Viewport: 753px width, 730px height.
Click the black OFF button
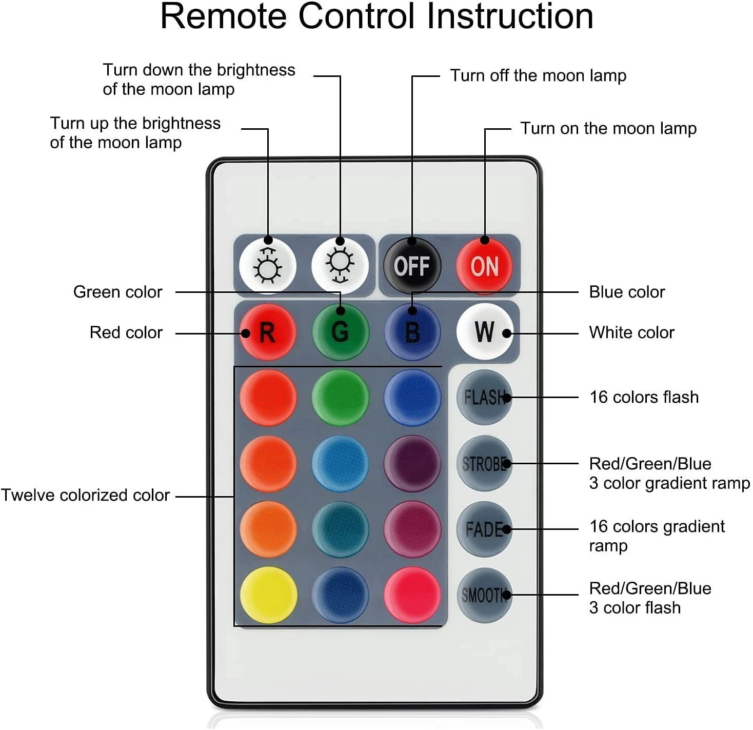tap(412, 265)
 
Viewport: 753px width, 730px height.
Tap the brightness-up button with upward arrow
tap(268, 265)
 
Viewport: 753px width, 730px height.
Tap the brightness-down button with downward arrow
tap(340, 265)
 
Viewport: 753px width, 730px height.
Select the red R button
tap(268, 332)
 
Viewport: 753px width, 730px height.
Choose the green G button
tap(340, 332)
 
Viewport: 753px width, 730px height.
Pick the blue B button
tap(412, 332)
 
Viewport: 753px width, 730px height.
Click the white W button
tap(484, 332)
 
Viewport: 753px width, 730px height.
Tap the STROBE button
tap(484, 464)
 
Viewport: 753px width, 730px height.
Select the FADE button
tap(484, 529)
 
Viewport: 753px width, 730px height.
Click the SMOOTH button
tap(484, 595)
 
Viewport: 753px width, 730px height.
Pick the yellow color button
tap(268, 595)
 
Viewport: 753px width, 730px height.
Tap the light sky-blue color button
tap(340, 464)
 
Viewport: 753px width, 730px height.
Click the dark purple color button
tap(412, 464)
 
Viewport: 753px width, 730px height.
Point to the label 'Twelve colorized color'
tap(85, 495)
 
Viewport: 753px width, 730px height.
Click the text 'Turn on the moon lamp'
tap(608, 128)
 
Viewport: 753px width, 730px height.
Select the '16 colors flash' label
tap(644, 397)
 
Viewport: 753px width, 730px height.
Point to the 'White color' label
tap(631, 332)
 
